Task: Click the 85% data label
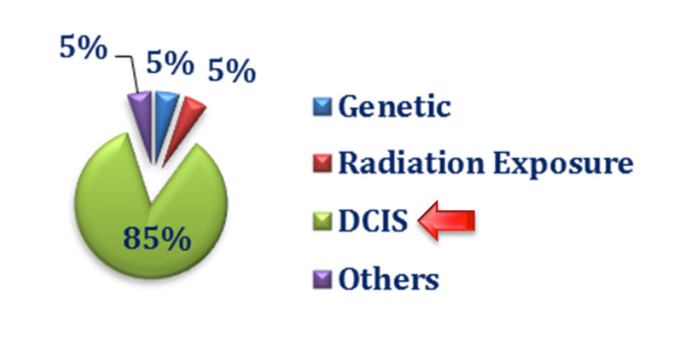click(x=157, y=238)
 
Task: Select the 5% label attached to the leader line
click(x=83, y=47)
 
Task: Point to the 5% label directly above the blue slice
click(x=170, y=63)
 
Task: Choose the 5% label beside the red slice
click(x=231, y=70)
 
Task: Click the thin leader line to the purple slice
click(x=131, y=71)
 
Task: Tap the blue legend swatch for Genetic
click(x=323, y=107)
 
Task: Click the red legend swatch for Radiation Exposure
click(x=323, y=163)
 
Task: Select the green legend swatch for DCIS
click(x=323, y=221)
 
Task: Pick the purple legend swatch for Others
click(x=323, y=279)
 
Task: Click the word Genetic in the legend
click(x=395, y=106)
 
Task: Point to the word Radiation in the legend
click(x=412, y=163)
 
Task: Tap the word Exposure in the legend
click(x=564, y=164)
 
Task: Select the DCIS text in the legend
click(x=373, y=220)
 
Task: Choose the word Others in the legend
click(x=389, y=279)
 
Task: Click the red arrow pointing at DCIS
click(x=446, y=221)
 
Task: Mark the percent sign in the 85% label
click(x=177, y=239)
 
